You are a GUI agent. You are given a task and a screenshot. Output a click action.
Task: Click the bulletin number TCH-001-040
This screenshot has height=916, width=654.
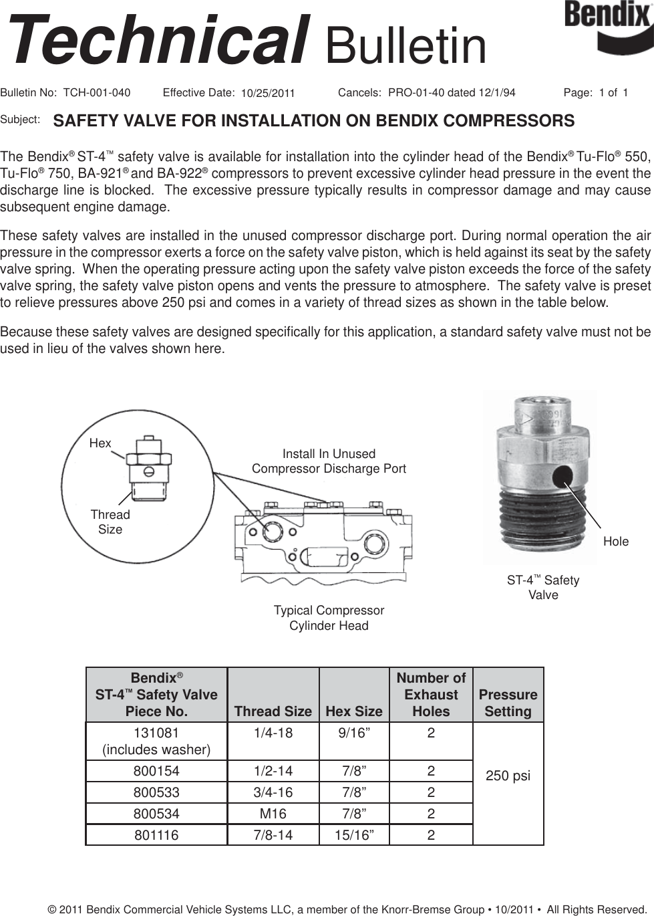(96, 92)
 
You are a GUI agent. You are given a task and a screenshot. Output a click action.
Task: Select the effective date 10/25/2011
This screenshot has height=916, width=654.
(267, 93)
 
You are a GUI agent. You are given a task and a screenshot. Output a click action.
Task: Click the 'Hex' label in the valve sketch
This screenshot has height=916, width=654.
(100, 443)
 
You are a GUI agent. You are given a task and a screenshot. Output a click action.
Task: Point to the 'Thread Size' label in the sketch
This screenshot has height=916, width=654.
(110, 522)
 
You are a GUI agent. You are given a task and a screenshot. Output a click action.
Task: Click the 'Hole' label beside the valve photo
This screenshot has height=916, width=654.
(615, 541)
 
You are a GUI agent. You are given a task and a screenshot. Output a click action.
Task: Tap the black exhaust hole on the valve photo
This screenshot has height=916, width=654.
(562, 475)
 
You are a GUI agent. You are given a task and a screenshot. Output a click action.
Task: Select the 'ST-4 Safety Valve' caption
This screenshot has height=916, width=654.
(543, 587)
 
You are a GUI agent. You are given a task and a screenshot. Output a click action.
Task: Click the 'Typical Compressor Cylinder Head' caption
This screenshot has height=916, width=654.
(329, 618)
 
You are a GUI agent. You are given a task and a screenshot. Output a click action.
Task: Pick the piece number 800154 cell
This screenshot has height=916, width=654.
(156, 771)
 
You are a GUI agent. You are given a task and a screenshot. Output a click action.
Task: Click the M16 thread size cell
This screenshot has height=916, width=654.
(273, 814)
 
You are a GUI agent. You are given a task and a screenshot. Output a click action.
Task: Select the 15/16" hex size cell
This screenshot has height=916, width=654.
(353, 835)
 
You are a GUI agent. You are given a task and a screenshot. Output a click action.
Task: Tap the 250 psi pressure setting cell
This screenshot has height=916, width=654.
(508, 776)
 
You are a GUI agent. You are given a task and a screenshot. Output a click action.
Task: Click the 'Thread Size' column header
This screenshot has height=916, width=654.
(273, 711)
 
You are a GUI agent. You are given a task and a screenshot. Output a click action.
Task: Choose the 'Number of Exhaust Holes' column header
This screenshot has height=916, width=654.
(431, 695)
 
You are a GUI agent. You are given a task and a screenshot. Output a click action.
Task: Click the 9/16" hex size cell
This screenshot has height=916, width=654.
(353, 733)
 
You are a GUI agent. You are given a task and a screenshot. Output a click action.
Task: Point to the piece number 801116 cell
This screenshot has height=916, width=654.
(156, 835)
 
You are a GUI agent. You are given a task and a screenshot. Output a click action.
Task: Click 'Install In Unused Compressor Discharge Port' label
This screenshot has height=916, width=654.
(329, 461)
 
